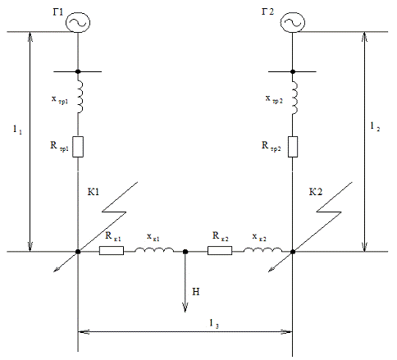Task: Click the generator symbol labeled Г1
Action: click(78, 22)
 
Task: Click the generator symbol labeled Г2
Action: click(293, 22)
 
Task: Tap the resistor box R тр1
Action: click(78, 147)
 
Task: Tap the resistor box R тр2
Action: click(293, 147)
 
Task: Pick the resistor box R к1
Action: click(112, 251)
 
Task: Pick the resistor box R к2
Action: click(220, 251)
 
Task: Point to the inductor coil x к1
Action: click(154, 249)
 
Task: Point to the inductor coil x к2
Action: click(262, 249)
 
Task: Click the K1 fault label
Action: click(94, 192)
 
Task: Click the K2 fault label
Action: click(316, 192)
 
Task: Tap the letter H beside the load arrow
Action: click(196, 292)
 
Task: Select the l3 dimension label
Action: click(214, 324)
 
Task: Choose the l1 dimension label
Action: click(17, 130)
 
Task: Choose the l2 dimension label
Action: click(375, 126)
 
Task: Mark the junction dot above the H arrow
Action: click(185, 252)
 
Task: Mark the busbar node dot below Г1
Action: click(78, 71)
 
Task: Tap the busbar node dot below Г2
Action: click(293, 71)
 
